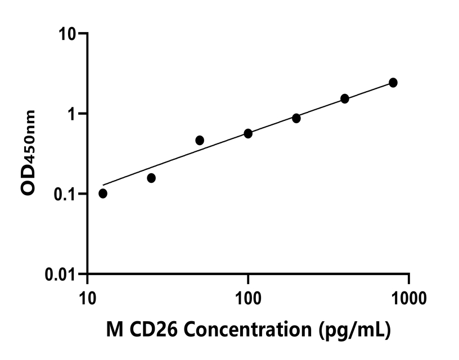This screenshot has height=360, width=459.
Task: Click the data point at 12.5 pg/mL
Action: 103,193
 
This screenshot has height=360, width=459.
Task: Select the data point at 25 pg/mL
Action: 151,178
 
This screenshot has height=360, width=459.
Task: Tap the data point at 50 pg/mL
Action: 200,140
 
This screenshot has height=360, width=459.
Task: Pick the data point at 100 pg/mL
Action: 248,133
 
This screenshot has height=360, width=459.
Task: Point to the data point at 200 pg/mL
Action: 296,118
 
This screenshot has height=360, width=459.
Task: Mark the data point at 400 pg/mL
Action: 345,99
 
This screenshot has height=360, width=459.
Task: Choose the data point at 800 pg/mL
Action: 393,83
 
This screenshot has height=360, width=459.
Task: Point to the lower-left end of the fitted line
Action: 103,184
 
